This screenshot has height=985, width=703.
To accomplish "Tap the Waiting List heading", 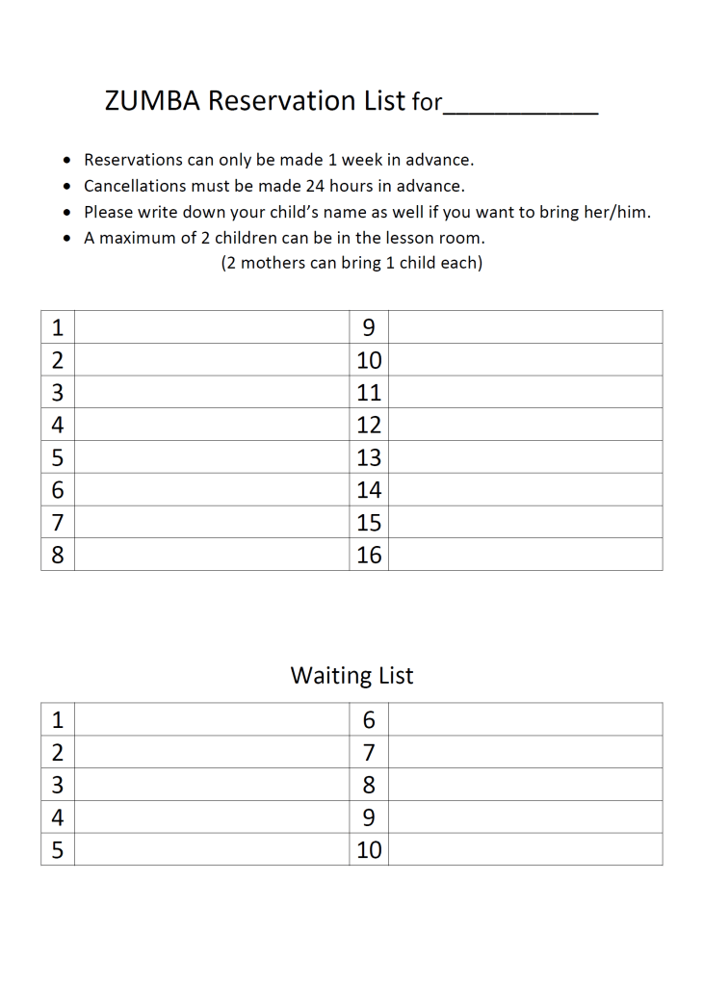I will [x=351, y=676].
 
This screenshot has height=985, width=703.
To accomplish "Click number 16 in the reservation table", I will [x=369, y=556].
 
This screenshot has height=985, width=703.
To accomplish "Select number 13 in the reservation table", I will [x=369, y=457].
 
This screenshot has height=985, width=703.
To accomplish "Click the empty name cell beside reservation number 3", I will [x=211, y=393].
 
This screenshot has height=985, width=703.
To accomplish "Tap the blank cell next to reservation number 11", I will [x=525, y=393].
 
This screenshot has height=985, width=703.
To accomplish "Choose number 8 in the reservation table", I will [x=58, y=556].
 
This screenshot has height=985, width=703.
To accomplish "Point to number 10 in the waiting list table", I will [x=369, y=850].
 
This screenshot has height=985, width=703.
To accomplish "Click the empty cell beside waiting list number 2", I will [x=211, y=752].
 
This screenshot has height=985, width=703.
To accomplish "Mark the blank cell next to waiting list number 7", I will [x=525, y=752].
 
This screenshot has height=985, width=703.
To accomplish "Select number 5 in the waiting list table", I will [x=58, y=850].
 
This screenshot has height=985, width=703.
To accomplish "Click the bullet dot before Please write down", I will [x=66, y=213].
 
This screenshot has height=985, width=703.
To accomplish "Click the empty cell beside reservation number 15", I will [x=525, y=523].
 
